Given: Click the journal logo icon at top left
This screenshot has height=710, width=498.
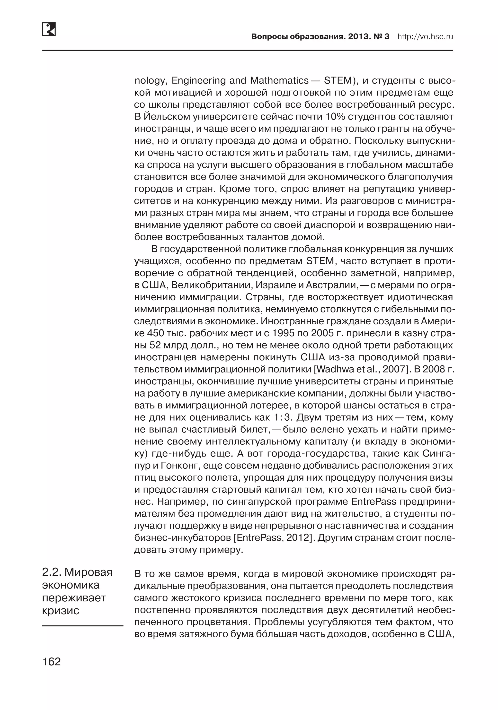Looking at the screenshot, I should point(49,29).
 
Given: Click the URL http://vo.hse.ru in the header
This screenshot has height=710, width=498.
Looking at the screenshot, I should point(425,37).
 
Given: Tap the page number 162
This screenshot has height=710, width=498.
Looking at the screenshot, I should point(52,661).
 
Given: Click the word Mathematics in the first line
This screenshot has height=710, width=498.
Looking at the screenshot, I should point(279,81).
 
